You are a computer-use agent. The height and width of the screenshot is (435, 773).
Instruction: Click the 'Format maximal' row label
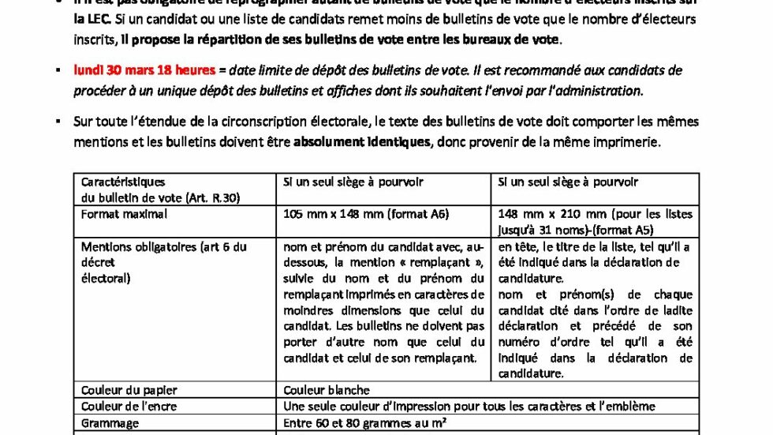click(124, 213)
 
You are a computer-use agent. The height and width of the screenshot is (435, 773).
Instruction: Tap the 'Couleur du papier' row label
click(129, 390)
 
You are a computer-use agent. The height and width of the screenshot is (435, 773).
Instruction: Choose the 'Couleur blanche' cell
click(327, 390)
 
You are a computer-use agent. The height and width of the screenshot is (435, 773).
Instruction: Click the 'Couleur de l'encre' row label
click(129, 407)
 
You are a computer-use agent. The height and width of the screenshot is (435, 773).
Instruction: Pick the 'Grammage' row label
click(110, 423)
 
